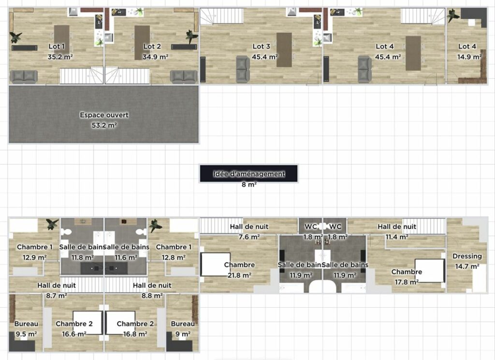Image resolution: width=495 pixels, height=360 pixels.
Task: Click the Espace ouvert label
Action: click(104, 115)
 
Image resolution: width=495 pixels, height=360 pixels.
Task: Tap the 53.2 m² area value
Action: click(104, 125)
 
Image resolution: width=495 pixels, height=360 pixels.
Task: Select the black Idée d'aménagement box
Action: click(249, 173)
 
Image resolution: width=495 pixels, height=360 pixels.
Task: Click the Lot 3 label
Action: click(262, 46)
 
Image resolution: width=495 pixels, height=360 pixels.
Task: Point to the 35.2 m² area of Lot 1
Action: click(60, 57)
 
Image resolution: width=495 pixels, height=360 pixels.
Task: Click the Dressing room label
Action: click(467, 256)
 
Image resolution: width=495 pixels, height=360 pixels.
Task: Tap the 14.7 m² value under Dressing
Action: click(467, 267)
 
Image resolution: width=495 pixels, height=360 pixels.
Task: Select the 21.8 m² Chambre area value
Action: click(240, 275)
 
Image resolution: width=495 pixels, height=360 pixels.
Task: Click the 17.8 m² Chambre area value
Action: click(407, 282)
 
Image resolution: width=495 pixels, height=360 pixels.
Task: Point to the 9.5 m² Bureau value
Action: click(26, 334)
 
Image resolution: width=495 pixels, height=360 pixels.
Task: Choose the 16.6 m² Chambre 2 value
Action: click(74, 334)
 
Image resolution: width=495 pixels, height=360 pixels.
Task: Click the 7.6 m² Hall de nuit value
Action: click(249, 237)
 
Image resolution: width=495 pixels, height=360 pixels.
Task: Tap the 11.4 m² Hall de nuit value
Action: click(397, 237)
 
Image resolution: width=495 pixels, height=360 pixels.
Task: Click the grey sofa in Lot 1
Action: click(24, 77)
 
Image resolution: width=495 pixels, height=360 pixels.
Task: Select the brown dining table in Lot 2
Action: click(142, 43)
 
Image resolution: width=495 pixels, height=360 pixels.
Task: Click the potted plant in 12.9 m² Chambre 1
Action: click(52, 224)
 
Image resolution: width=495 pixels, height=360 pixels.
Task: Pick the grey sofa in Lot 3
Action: click(243, 70)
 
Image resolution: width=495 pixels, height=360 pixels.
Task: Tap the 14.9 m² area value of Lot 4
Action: click(469, 57)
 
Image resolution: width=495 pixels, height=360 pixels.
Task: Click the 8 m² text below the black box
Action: click(249, 185)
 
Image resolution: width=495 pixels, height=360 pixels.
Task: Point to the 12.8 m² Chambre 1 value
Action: click(174, 258)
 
